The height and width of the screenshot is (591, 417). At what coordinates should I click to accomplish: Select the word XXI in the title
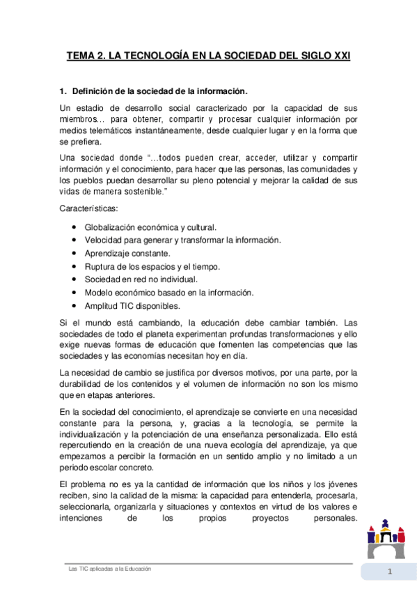click(339, 54)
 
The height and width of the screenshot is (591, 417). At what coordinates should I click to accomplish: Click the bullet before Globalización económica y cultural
click(74, 227)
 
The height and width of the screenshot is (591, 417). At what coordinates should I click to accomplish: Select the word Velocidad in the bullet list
click(104, 240)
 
